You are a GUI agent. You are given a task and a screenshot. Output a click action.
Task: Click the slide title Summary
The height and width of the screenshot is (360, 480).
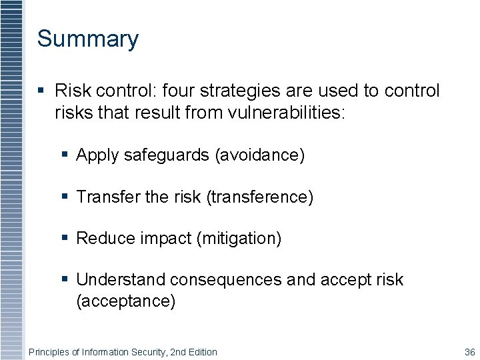[x=87, y=39]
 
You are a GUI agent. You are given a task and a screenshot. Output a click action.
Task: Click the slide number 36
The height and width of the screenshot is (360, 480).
[x=469, y=352]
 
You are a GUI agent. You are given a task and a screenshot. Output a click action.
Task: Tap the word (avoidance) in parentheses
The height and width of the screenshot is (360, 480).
[x=259, y=155]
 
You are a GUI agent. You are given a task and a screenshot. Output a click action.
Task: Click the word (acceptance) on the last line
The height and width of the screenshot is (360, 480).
[x=126, y=301]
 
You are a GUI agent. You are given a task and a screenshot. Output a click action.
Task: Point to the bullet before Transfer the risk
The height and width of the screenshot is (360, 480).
[x=65, y=197]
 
